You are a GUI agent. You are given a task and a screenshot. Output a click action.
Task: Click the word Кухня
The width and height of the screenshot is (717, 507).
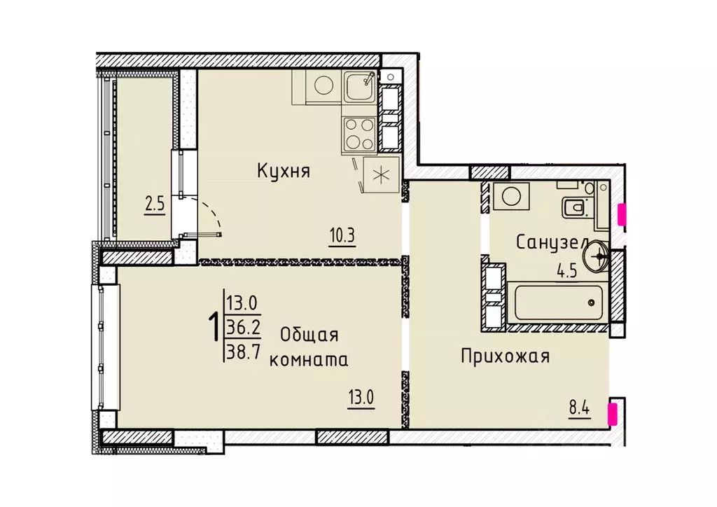(x=283, y=171)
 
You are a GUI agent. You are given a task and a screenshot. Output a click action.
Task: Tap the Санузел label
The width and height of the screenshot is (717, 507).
(x=551, y=242)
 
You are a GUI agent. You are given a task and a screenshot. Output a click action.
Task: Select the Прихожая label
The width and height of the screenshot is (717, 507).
(x=505, y=356)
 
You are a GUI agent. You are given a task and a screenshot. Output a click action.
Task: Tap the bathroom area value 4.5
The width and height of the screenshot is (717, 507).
(x=566, y=271)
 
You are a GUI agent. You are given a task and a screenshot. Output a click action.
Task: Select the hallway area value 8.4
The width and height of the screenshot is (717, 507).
(x=580, y=407)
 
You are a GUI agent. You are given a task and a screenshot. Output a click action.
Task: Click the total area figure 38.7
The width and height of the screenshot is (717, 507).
(x=243, y=353)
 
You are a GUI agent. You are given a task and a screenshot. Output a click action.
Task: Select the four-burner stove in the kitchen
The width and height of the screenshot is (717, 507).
(x=358, y=134)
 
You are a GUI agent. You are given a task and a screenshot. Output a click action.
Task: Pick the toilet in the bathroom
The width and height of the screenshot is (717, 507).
(x=575, y=207)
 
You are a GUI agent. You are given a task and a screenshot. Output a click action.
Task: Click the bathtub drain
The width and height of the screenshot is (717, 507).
(x=592, y=303)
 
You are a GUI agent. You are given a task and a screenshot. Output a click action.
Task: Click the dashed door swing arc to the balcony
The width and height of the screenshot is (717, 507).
(x=212, y=213)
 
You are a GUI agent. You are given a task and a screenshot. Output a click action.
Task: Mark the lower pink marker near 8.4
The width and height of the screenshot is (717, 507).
(x=613, y=412)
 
